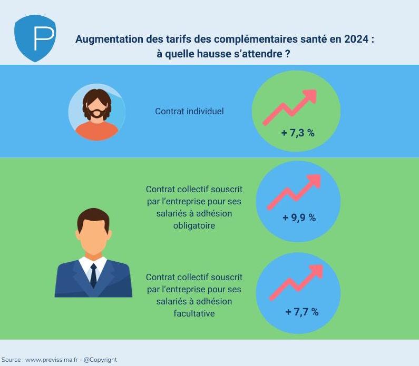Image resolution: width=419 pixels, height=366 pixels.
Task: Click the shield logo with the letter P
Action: (35, 38)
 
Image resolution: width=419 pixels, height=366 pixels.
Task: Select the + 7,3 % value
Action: (298, 133)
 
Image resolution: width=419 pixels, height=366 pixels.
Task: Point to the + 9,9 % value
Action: (299, 217)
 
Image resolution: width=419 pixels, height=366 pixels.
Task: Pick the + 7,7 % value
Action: (301, 312)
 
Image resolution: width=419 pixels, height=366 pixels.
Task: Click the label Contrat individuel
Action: (189, 112)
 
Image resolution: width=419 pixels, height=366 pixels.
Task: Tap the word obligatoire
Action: (194, 225)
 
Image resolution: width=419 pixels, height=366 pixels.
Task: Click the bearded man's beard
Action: (96, 113)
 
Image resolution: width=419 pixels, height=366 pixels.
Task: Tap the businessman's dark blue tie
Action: (93, 274)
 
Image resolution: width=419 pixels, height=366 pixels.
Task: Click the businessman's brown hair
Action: (93, 217)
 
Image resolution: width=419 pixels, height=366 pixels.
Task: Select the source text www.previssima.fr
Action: (50, 360)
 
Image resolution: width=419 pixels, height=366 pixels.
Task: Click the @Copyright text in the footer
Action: (101, 360)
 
